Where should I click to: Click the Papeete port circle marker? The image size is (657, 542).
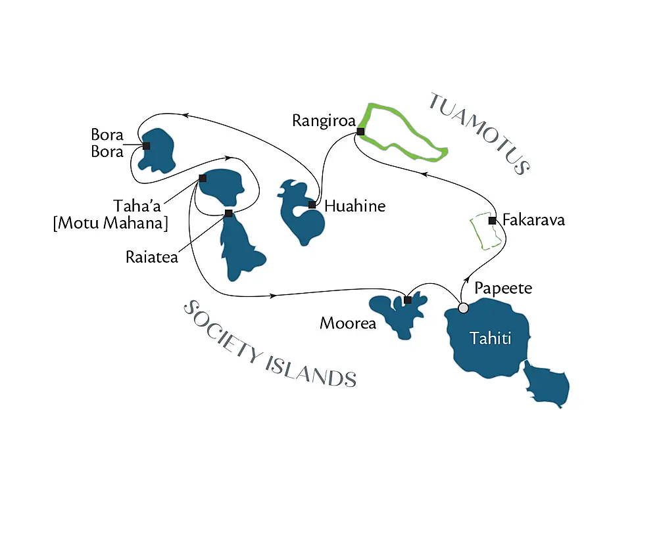[x=463, y=307]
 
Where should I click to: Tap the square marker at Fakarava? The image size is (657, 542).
[x=492, y=220]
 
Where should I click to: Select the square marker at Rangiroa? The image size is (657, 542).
[x=360, y=131]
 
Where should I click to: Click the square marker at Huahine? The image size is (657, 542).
[x=312, y=205]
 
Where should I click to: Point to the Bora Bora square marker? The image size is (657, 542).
[x=146, y=146]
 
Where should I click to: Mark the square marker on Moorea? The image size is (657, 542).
[x=408, y=300]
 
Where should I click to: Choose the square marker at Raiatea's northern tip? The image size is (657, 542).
[x=228, y=213]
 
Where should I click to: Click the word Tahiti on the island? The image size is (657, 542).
[x=490, y=338]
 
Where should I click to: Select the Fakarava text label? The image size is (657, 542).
[x=533, y=220]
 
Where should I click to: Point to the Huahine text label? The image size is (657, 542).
[x=354, y=206]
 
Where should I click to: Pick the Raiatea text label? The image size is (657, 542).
[x=151, y=257]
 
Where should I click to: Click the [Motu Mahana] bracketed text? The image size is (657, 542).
[x=110, y=223]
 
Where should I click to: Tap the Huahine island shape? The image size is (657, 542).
[x=303, y=220]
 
